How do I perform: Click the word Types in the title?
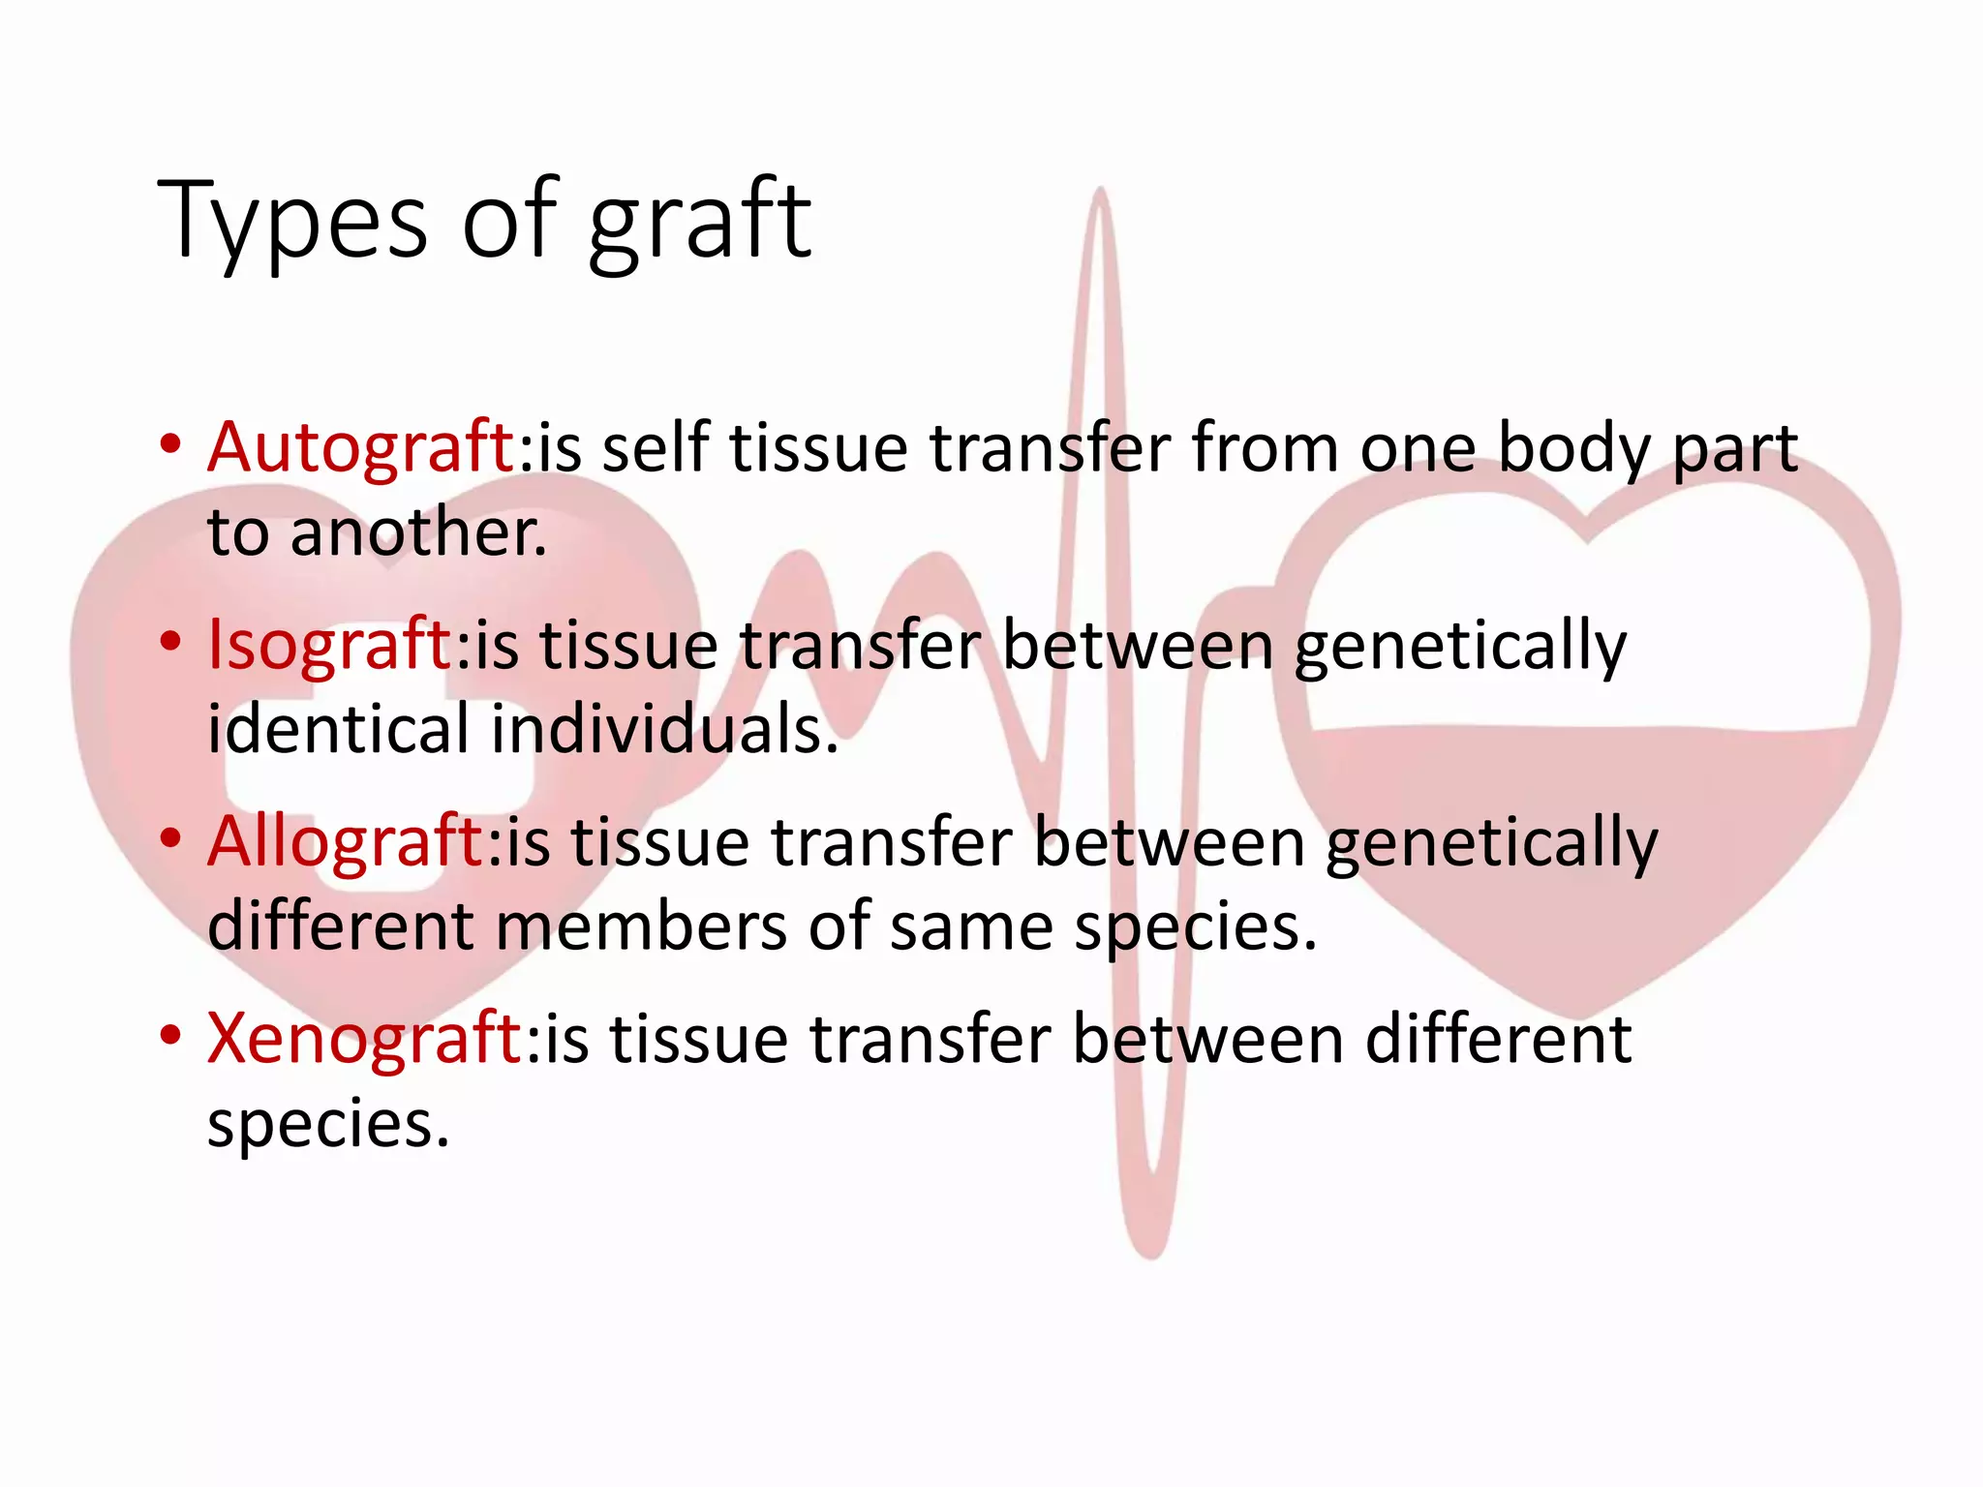click(291, 223)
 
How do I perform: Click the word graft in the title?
click(699, 223)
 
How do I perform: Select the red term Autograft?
click(360, 448)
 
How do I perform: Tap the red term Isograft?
click(329, 646)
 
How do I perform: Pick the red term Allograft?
click(346, 842)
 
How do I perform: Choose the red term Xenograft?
click(364, 1039)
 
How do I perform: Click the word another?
click(418, 532)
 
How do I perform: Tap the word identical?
click(339, 729)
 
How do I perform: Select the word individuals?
click(663, 729)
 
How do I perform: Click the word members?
click(641, 926)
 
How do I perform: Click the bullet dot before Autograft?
click(170, 444)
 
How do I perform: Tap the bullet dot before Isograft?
click(170, 641)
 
